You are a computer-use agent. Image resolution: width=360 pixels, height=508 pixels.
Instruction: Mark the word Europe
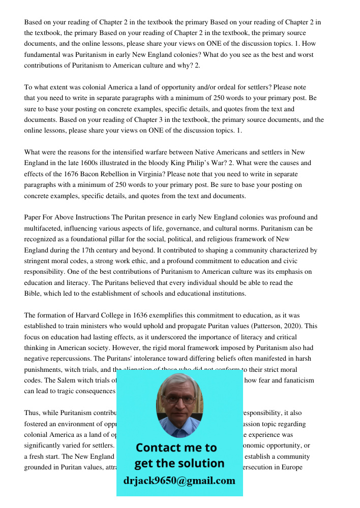tap(293, 467)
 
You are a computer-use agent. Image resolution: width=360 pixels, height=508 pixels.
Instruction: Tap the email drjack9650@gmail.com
tap(179, 481)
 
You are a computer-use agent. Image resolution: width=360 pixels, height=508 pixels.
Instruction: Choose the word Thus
tap(32, 413)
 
